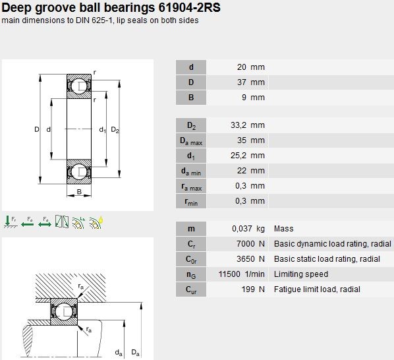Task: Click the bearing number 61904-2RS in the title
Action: (190, 7)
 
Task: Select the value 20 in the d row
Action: (242, 67)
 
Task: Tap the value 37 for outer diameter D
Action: (242, 82)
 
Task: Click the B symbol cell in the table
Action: (191, 98)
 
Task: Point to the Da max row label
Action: (191, 140)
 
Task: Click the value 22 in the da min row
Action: (242, 171)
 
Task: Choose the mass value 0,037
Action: (242, 229)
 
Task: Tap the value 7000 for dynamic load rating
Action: (246, 243)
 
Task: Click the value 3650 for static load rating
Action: (246, 258)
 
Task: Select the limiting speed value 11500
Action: (229, 274)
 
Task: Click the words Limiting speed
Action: (301, 274)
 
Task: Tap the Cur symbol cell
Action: (191, 289)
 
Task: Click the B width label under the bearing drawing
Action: (79, 192)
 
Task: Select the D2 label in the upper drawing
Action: (115, 130)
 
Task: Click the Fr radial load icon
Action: (11, 222)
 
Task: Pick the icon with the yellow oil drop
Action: (96, 222)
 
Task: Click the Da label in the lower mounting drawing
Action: (136, 353)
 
